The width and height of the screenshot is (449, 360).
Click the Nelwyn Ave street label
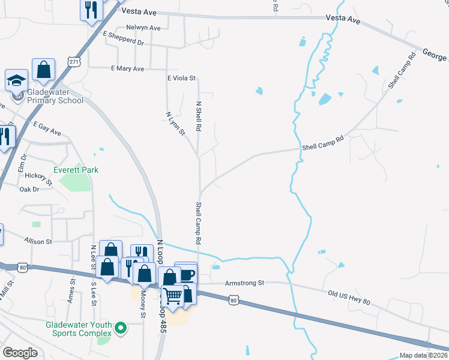click(143, 28)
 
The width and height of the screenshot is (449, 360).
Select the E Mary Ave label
click(128, 69)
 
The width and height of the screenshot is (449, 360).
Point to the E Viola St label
click(181, 78)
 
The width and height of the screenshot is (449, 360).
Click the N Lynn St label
click(176, 123)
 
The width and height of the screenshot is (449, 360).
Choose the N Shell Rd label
click(198, 116)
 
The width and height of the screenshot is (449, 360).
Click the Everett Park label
click(76, 170)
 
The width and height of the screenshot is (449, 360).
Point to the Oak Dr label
click(29, 189)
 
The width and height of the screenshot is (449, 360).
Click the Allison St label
click(38, 241)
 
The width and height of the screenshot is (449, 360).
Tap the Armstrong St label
click(244, 283)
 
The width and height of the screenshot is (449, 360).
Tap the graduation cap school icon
click(16, 80)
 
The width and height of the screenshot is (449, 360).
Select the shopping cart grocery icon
click(173, 295)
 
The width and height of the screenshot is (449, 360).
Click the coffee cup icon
click(186, 274)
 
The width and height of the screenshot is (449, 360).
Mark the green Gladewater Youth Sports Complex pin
click(121, 328)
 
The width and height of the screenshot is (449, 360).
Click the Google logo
click(20, 353)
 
